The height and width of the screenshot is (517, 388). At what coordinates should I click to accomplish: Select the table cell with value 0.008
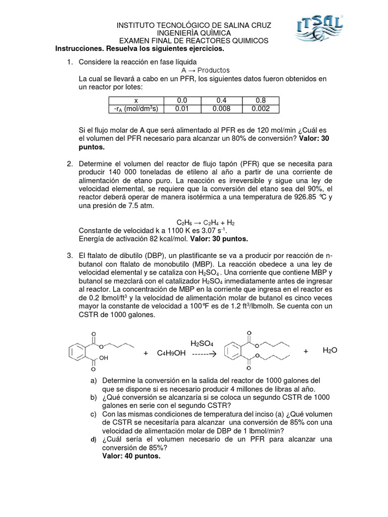222,109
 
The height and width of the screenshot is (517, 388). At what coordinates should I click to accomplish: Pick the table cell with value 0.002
261,109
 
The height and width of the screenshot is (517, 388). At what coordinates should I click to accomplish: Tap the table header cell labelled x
136,100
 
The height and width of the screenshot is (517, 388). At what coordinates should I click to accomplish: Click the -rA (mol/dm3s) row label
136,109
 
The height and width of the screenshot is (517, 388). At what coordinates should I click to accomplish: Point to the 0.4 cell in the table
222,100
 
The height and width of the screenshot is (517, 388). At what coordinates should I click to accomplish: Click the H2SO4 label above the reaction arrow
202,343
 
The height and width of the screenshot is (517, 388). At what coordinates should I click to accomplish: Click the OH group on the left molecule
104,358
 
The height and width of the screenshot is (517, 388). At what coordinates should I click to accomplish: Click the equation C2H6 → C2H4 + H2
205,222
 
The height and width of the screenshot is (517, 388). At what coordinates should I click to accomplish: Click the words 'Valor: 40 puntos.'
131,456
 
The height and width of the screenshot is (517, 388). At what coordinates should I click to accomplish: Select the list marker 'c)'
93,413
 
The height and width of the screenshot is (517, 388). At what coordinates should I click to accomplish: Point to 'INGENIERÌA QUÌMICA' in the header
194,33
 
